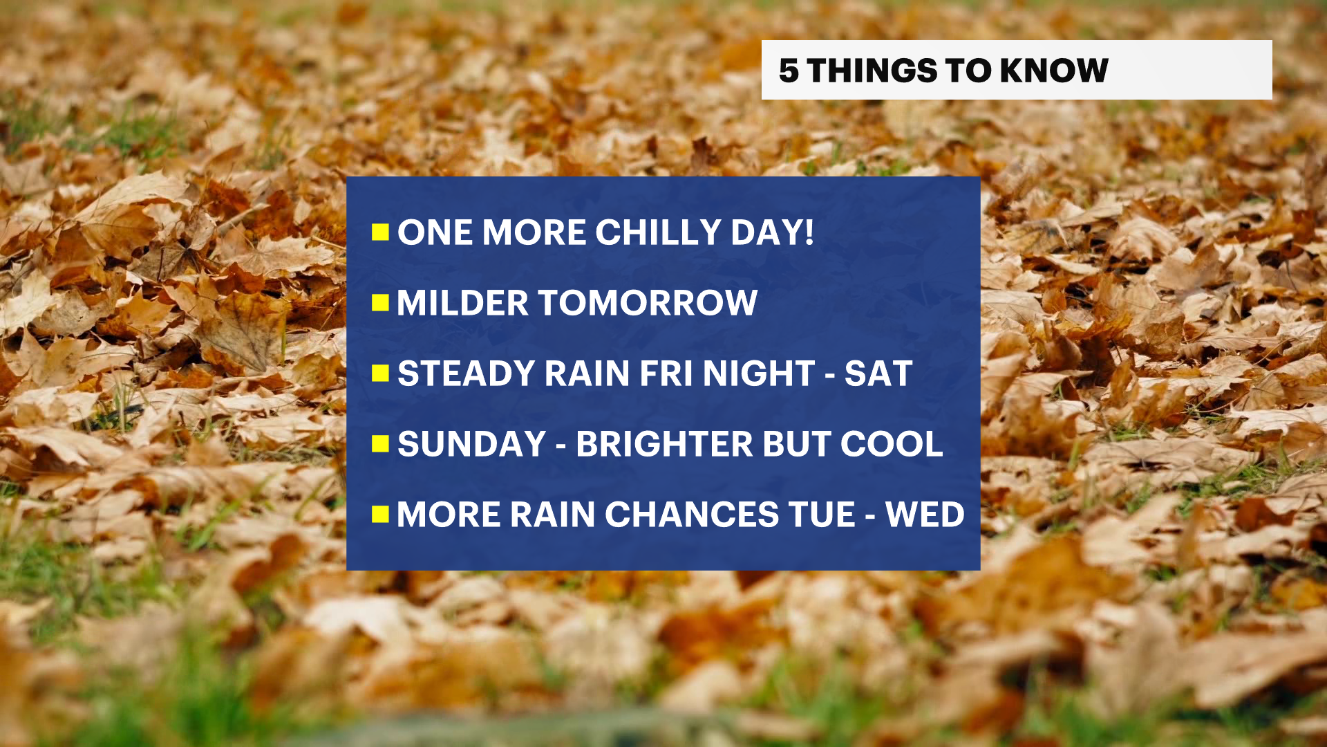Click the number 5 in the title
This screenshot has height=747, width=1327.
(789, 71)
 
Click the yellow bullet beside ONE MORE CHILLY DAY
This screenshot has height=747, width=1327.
(380, 232)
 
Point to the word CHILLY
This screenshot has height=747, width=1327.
(658, 232)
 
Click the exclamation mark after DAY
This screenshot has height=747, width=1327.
(809, 232)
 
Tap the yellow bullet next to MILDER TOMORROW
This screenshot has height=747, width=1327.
(380, 302)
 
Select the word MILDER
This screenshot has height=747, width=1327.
(462, 303)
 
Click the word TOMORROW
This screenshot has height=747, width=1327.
(648, 303)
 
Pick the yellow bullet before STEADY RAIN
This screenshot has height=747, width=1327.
(380, 373)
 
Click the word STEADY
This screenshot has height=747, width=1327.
(466, 373)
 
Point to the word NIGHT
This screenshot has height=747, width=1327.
(759, 373)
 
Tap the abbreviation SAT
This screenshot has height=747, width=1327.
(878, 373)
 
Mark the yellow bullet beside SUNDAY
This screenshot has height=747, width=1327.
(380, 443)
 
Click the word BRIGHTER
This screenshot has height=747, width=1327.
(664, 444)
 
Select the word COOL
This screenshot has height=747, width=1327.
(892, 444)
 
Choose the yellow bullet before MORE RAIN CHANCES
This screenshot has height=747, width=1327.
(380, 514)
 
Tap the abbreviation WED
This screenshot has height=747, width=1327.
(925, 515)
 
